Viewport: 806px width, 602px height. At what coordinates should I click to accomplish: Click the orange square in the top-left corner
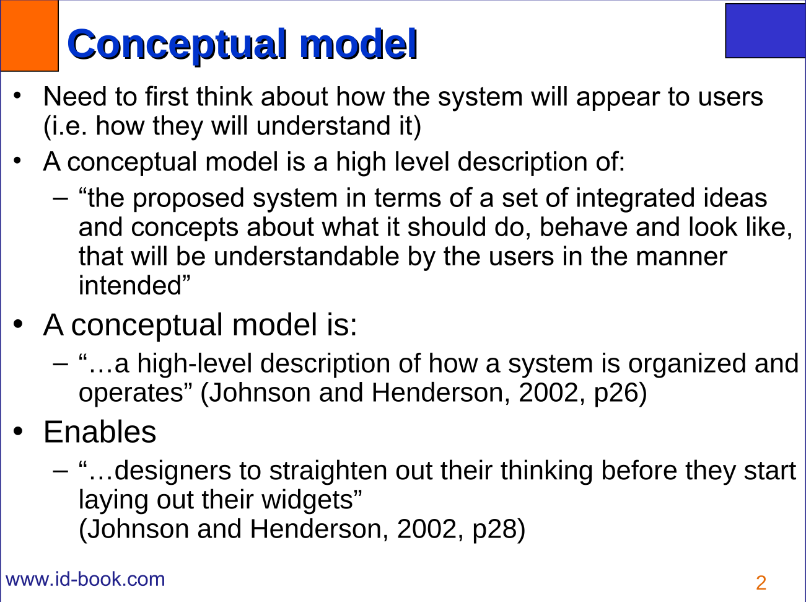click(x=29, y=35)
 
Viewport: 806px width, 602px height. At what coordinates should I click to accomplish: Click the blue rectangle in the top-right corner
click(x=766, y=30)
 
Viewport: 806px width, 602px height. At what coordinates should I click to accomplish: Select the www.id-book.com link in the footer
click(x=85, y=579)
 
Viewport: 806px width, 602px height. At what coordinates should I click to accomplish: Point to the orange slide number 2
click(x=761, y=583)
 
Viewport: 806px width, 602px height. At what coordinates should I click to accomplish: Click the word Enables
click(x=100, y=432)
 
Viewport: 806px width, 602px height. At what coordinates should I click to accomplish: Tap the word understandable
click(x=306, y=256)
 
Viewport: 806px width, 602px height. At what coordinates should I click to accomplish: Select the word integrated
click(x=635, y=199)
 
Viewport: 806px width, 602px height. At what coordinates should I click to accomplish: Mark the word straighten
click(x=328, y=471)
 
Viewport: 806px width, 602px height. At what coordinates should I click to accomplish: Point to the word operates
click(x=131, y=393)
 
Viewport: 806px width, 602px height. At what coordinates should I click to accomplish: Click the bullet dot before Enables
click(x=17, y=431)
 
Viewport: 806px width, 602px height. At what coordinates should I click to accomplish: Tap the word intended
click(x=130, y=285)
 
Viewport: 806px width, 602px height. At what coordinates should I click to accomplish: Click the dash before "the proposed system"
click(x=61, y=200)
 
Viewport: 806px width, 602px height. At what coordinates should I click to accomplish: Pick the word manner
click(x=681, y=257)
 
